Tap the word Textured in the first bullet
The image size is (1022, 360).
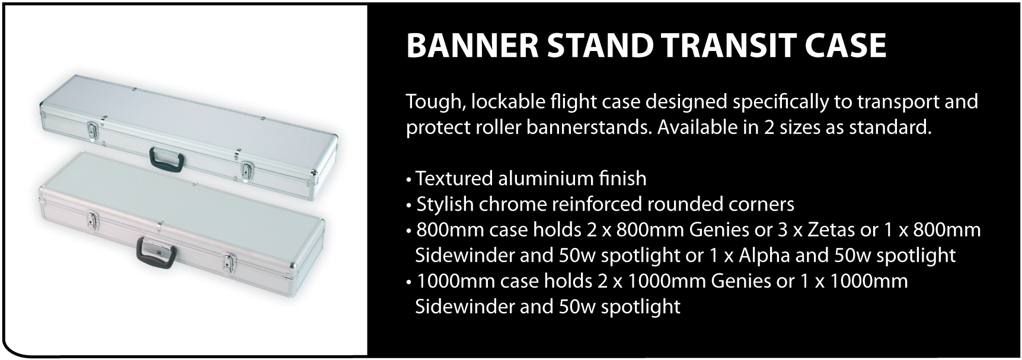pyautogui.click(x=454, y=178)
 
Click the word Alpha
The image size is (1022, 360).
pyautogui.click(x=764, y=256)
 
